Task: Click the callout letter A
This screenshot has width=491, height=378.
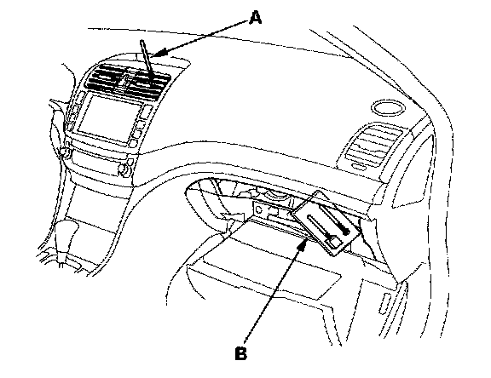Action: (x=256, y=17)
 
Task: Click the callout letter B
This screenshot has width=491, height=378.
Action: (x=240, y=353)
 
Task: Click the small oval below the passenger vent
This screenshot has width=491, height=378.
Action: (x=359, y=167)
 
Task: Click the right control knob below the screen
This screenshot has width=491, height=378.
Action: (x=123, y=169)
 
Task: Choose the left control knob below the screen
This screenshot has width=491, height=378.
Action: (x=65, y=152)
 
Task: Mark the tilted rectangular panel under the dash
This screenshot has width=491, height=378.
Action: (x=326, y=223)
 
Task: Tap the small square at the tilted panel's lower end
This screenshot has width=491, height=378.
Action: (x=332, y=242)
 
